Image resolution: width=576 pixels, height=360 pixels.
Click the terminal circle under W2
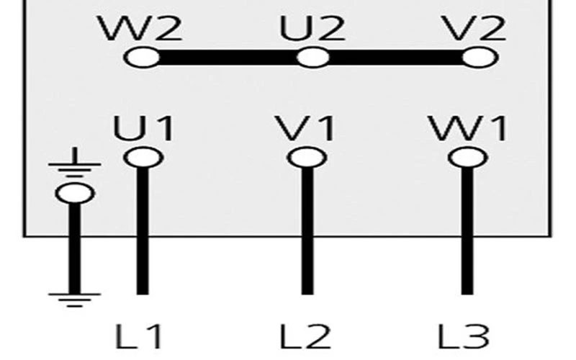coord(142,58)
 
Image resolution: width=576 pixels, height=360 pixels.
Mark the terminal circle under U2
coord(313,58)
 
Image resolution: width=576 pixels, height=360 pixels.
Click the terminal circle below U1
coord(143,156)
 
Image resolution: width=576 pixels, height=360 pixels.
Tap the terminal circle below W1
coord(467,156)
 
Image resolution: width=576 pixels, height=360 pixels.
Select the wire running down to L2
coord(307,230)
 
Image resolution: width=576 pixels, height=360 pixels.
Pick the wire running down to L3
coord(467,230)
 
